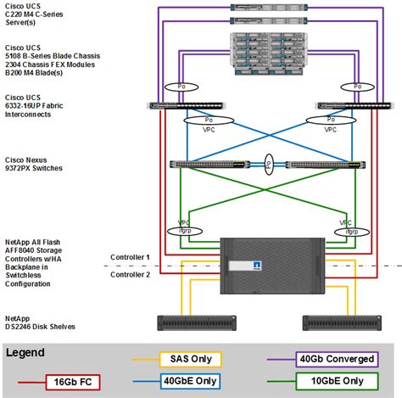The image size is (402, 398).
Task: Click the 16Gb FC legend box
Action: point(73,382)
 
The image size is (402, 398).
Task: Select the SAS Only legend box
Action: point(191,359)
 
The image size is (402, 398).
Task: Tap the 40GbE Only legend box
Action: point(190,381)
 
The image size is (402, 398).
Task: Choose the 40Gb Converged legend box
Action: point(337,359)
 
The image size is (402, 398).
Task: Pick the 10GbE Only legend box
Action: point(337,381)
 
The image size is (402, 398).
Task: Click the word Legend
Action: point(25,353)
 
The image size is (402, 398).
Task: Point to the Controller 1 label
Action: point(130,257)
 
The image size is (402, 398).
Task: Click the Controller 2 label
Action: point(130,275)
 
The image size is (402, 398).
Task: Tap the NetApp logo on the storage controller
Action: point(257,266)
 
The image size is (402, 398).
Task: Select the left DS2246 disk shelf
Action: point(197,323)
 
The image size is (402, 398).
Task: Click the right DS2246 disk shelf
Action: point(342,323)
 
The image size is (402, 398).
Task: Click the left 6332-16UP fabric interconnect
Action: point(187,106)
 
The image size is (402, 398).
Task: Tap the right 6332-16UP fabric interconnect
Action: point(355,106)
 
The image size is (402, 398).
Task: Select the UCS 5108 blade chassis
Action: point(269,53)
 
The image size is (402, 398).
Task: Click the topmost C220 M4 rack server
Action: point(269,8)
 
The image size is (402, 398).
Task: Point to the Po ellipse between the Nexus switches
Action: point(269,165)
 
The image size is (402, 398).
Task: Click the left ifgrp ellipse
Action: point(185,232)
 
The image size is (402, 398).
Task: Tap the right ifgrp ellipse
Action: point(352,233)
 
